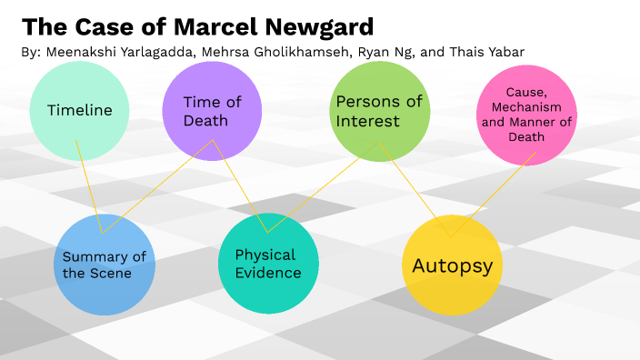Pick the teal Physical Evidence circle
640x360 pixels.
coord(268,263)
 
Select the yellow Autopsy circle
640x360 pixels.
coord(452,265)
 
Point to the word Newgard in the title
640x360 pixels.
coord(310,25)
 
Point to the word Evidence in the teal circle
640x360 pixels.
coord(268,273)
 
